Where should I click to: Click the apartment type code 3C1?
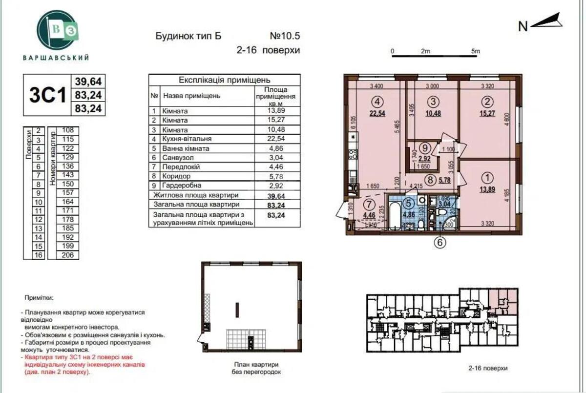47,95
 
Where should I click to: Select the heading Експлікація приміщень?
224,80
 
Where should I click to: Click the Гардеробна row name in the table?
182,186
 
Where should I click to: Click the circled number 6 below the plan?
440,243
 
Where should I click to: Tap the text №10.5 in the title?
284,36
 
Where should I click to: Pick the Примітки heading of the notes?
39,297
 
